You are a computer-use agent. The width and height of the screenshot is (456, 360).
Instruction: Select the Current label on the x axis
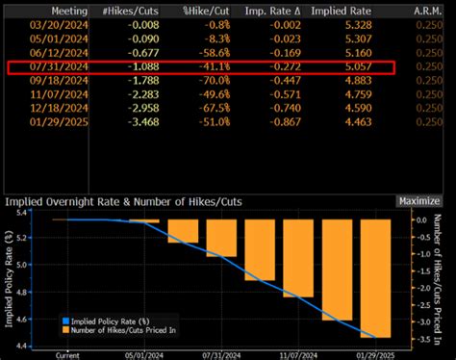click(68, 354)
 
